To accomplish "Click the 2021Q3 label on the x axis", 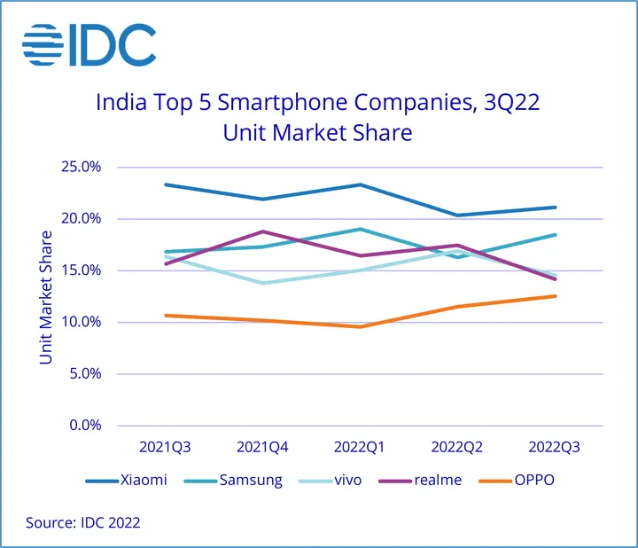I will (x=166, y=447).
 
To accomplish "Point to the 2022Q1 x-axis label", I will (x=360, y=447).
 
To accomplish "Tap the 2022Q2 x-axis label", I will (x=457, y=447).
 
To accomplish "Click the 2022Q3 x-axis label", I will (x=554, y=447).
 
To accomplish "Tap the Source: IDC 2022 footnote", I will (x=82, y=523).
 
